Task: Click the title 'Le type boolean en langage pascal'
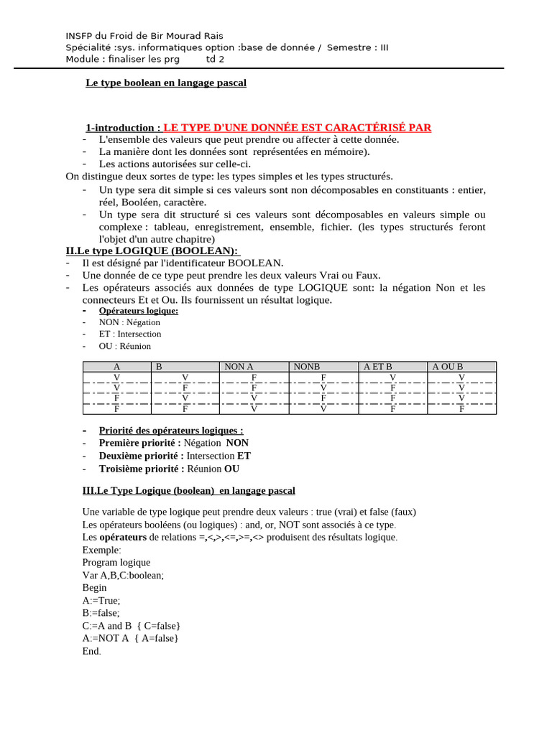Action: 166,83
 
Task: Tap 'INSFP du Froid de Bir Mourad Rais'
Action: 144,36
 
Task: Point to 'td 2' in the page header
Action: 216,59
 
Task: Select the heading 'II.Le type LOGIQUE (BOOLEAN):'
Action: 152,251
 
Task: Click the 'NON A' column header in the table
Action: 239,367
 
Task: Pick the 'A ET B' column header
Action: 378,367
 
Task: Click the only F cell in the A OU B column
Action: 461,410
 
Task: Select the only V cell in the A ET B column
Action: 392,378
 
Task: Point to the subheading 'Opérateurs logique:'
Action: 138,311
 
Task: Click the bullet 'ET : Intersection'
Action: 130,334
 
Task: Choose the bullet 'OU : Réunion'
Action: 125,346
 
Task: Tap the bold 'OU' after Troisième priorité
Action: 231,469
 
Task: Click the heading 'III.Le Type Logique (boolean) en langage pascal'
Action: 189,491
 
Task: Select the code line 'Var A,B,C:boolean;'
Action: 123,575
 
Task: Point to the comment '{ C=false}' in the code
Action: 157,626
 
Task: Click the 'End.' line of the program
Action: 92,651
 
